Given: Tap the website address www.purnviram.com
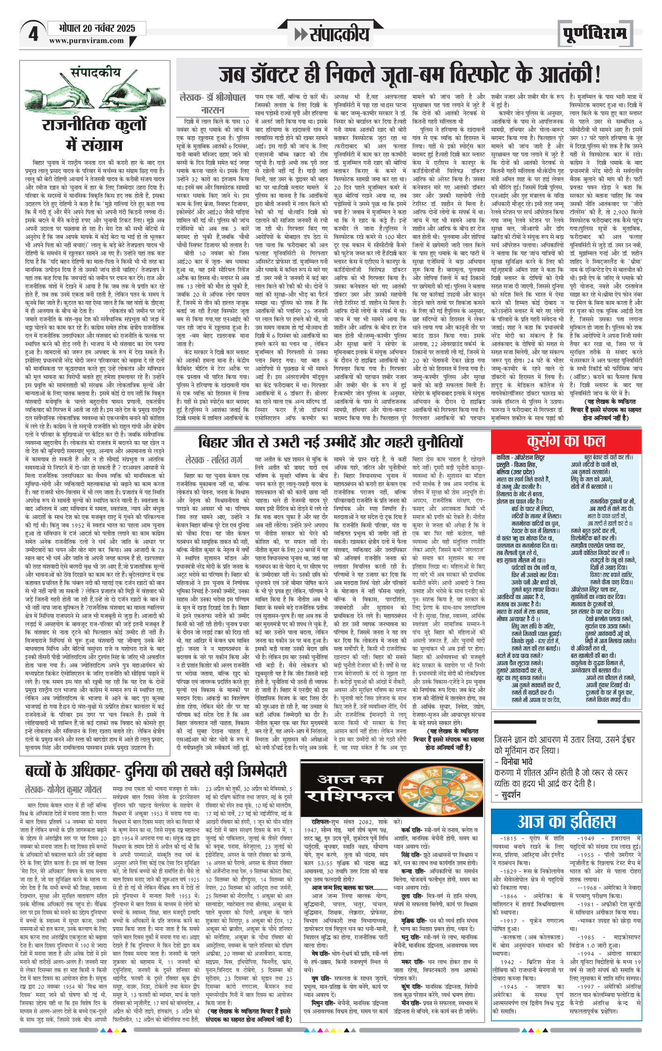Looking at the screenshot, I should (x=86, y=41).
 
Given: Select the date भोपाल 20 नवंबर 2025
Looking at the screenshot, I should (x=97, y=28).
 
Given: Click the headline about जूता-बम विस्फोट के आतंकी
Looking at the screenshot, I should (x=409, y=75).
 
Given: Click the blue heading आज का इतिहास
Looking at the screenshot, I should (x=566, y=822).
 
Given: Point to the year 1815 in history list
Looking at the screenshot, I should (x=509, y=839).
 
